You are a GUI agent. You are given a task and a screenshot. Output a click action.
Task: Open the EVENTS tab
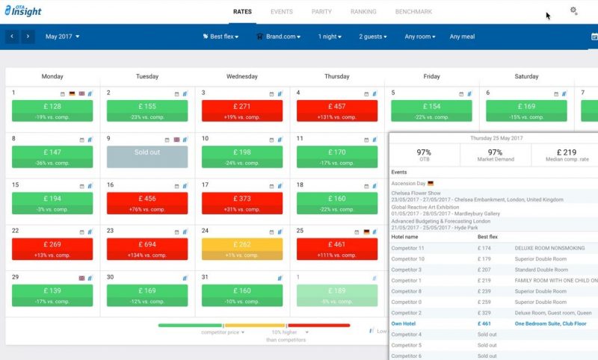282,12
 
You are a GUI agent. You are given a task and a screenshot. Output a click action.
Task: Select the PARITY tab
323,12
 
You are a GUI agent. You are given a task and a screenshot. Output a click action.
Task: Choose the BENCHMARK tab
413,12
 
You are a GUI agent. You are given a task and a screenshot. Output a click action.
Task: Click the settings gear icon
573,11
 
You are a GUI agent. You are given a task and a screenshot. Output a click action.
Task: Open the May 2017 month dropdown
62,37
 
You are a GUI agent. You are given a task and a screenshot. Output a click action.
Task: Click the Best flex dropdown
221,37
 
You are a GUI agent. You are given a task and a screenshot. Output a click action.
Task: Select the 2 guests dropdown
374,37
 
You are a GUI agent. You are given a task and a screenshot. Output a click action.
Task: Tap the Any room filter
420,37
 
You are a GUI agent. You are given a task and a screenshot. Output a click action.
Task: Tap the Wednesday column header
242,76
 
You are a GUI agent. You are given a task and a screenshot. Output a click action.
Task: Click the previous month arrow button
12,37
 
